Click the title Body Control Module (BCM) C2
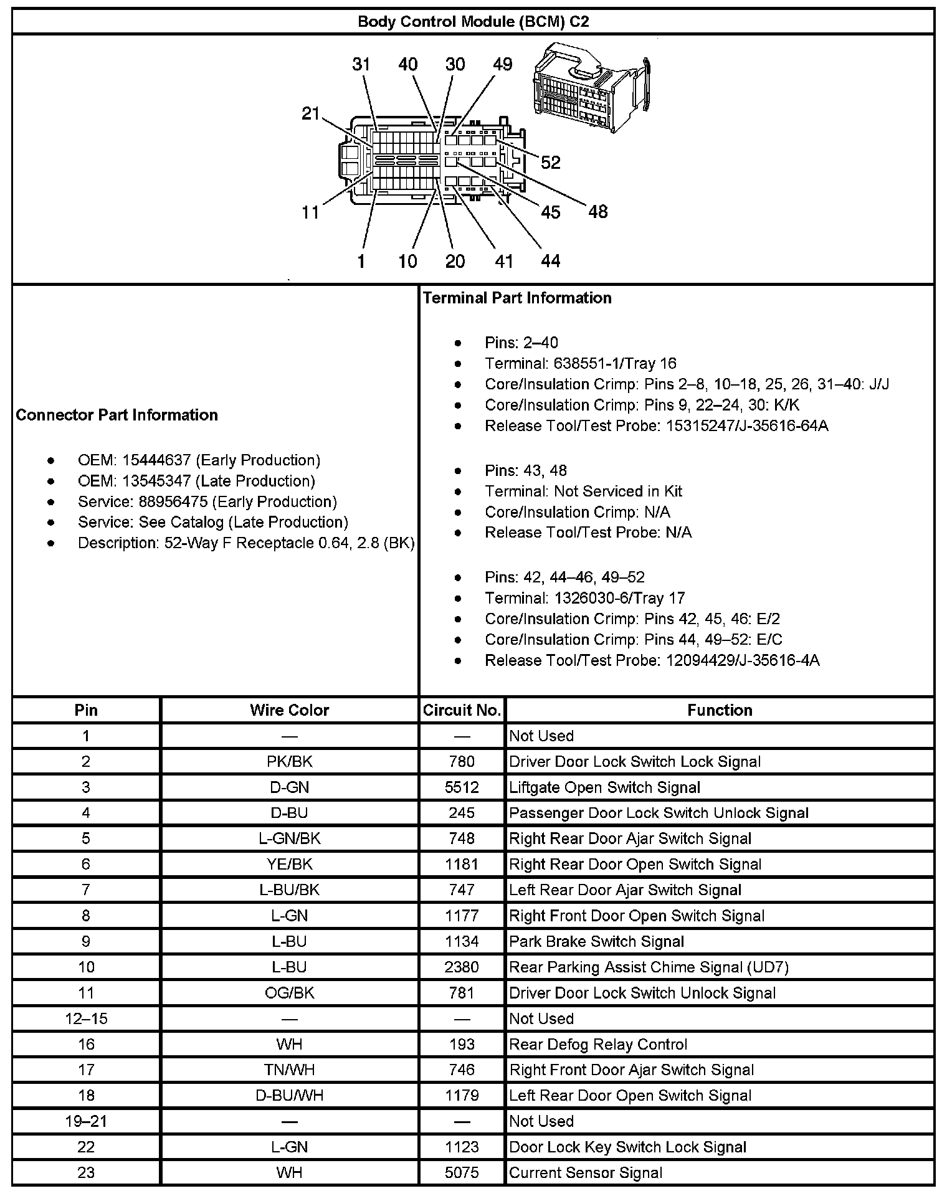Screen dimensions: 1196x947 click(473, 22)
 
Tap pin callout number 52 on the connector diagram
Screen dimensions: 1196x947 click(550, 163)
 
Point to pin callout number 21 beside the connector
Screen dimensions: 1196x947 click(310, 113)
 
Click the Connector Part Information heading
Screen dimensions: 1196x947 click(117, 415)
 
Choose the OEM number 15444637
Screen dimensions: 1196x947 click(199, 460)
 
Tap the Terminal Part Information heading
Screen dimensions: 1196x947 click(517, 298)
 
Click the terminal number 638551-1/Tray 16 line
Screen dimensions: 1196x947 click(580, 363)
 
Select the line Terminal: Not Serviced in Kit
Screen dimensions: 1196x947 click(583, 491)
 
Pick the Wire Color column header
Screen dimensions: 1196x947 click(289, 710)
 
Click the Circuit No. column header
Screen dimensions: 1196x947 click(462, 710)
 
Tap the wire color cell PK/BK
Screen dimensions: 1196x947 click(289, 761)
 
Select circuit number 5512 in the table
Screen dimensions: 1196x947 click(462, 787)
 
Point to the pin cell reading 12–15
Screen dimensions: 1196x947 click(86, 1018)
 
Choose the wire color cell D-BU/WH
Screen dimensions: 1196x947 click(289, 1095)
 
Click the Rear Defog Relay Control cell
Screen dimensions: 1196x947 click(598, 1044)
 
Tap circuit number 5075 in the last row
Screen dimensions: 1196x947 click(462, 1172)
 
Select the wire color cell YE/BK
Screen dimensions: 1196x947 click(289, 864)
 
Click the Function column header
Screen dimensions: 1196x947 click(720, 710)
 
